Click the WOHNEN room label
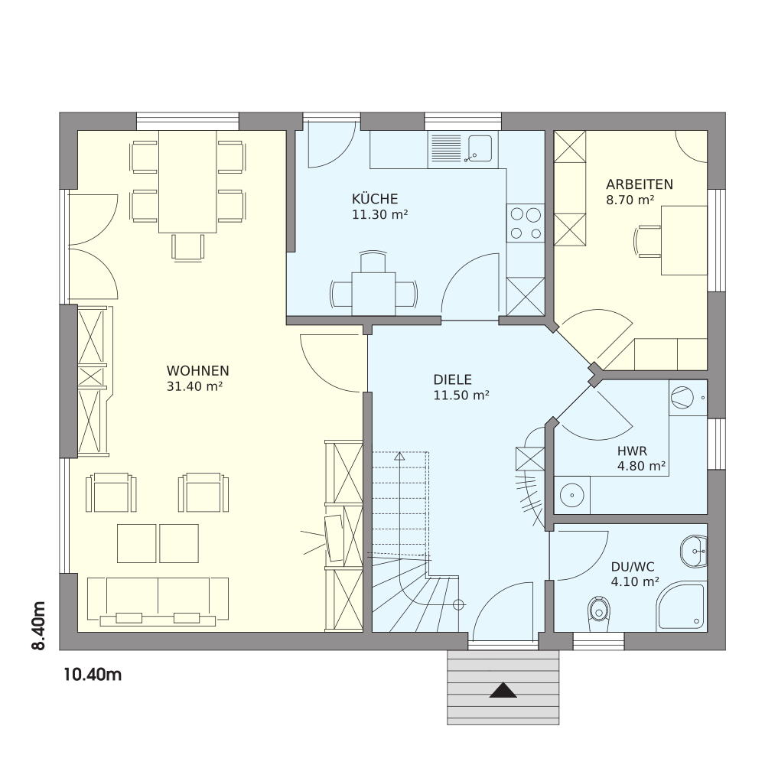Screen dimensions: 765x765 point(197,371)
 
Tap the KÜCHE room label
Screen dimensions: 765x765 point(375,199)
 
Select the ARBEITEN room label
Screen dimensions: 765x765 point(640,184)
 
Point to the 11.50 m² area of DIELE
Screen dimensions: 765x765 point(461,396)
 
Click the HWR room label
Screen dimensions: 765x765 point(633,451)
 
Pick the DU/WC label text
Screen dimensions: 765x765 point(633,567)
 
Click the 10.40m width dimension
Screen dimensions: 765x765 point(93,675)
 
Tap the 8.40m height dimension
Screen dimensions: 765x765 point(38,626)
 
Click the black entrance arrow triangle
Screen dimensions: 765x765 point(503,691)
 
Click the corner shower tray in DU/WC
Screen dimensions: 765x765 point(682,606)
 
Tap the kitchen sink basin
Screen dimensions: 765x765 point(480,148)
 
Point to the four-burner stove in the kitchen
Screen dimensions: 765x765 point(526,223)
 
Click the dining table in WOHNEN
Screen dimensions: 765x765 point(188,181)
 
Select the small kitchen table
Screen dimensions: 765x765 point(374,295)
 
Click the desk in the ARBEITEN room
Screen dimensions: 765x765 point(684,240)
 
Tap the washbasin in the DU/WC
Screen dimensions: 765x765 point(693,552)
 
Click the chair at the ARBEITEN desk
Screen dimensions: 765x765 point(647,240)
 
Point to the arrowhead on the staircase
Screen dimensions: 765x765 point(399,456)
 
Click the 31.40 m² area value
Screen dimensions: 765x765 point(194,386)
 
